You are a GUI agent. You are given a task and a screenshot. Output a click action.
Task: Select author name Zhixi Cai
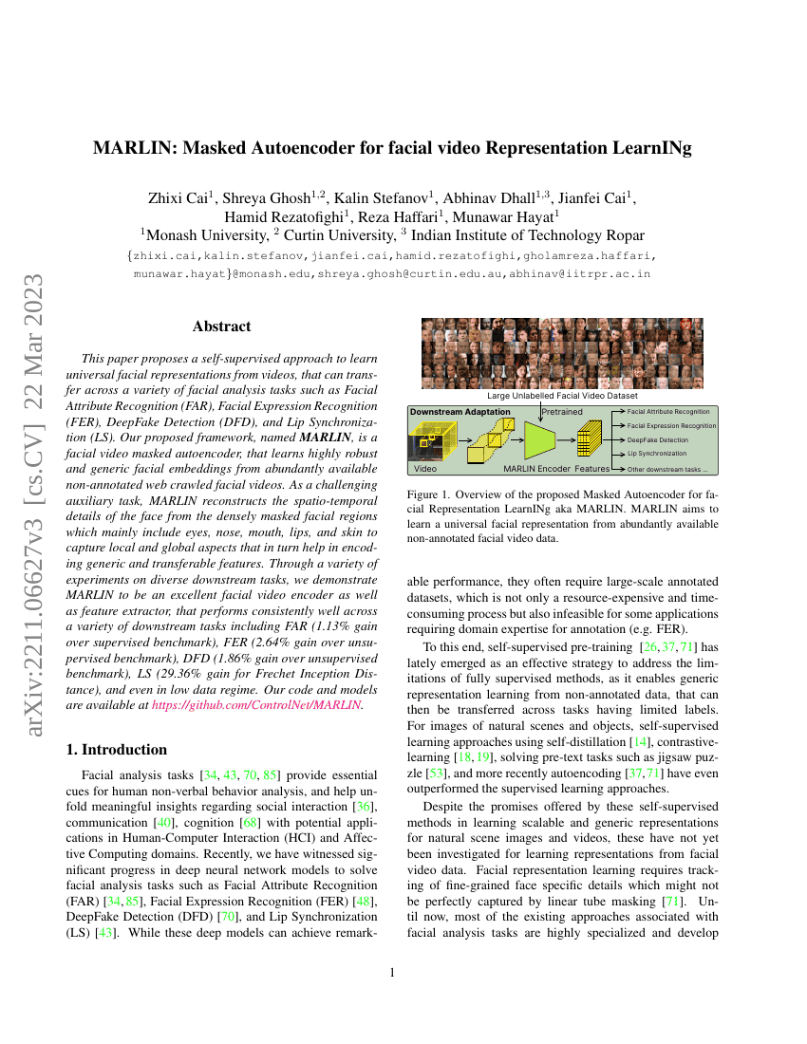tap(180, 198)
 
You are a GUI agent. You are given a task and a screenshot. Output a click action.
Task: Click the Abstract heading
tap(221, 326)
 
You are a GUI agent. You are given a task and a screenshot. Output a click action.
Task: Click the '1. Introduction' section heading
tap(117, 750)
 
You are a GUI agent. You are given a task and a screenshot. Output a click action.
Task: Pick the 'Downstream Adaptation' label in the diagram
tap(460, 412)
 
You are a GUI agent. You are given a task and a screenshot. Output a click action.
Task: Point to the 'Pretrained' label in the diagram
tap(562, 412)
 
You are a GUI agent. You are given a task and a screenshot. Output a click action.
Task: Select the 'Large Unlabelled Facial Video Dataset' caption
tap(562, 395)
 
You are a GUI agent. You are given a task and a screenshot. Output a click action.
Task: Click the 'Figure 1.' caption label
tap(428, 494)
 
